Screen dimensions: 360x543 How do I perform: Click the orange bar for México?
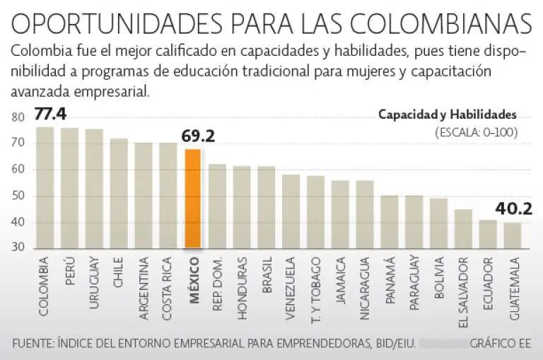coord(192,199)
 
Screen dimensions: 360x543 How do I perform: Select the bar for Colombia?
coord(45,187)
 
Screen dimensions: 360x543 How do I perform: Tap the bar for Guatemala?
coord(513,236)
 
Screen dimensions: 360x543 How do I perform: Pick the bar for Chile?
coord(119,193)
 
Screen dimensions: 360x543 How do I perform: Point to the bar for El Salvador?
coord(463,228)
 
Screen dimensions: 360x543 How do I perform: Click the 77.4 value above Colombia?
coord(49,114)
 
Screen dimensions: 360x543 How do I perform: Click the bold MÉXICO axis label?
coord(193,281)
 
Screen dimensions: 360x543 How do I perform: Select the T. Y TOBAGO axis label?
coord(315,290)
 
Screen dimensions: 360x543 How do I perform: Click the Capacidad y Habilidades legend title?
coord(447,115)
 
